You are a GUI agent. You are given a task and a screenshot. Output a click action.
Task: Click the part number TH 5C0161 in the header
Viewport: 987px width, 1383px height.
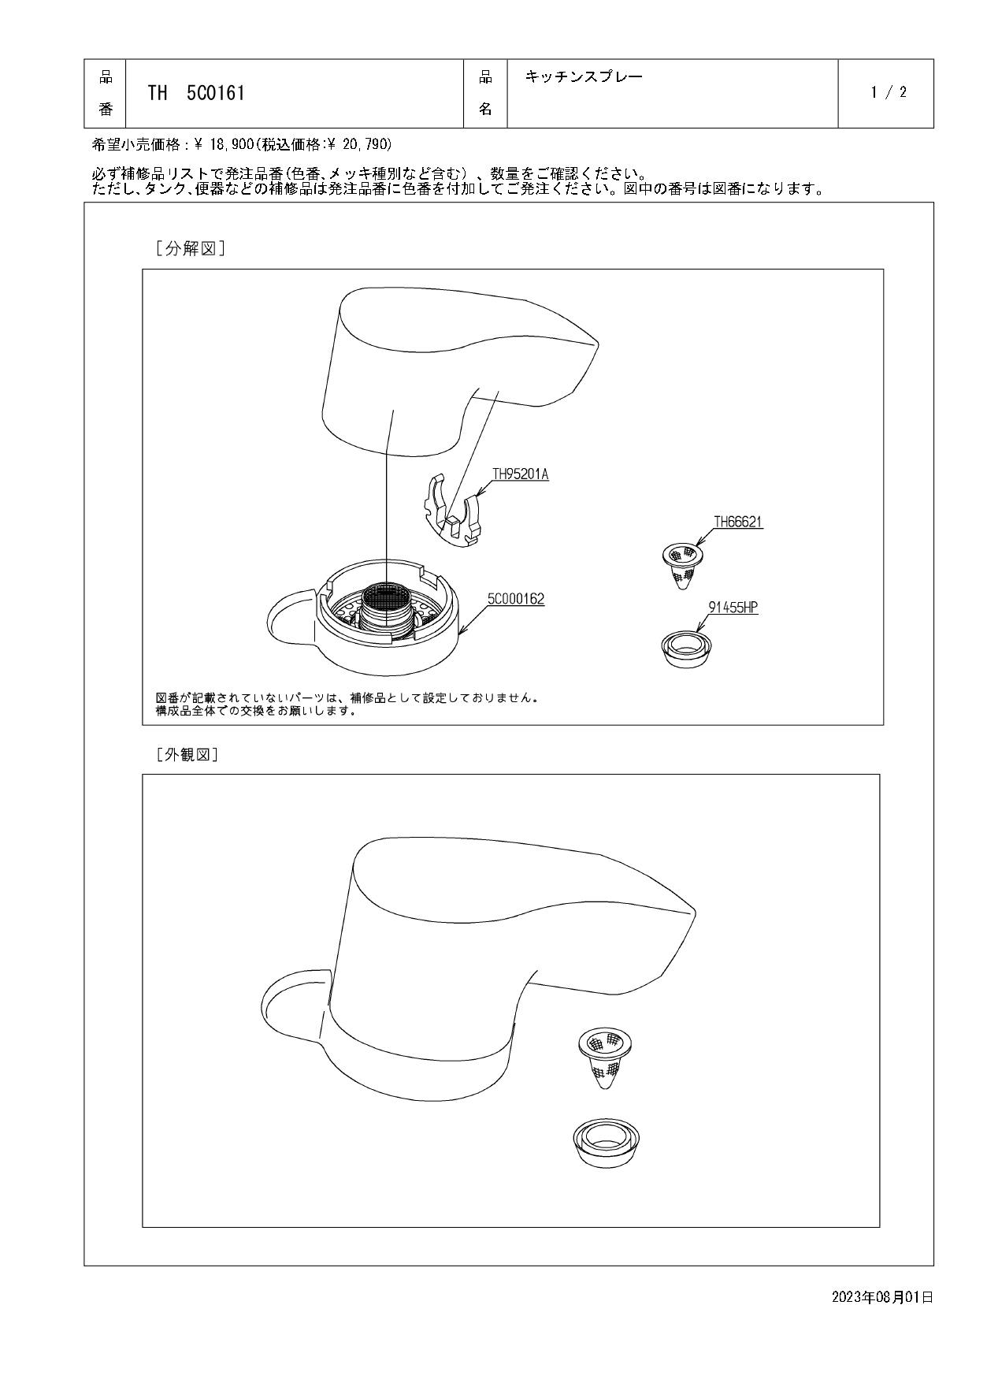pyautogui.click(x=196, y=93)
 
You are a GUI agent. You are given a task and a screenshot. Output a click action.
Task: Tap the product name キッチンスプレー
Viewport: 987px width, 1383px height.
pyautogui.click(x=584, y=76)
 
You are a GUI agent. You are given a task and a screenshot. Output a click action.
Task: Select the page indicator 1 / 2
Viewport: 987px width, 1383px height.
pyautogui.click(x=889, y=92)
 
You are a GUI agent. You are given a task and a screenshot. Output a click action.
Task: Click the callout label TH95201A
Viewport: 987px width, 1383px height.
pyautogui.click(x=520, y=474)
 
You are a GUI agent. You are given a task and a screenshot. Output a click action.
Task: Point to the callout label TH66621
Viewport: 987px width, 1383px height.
pyautogui.click(x=738, y=522)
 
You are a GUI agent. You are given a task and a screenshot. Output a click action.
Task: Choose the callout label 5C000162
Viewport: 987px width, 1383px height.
pyautogui.click(x=516, y=600)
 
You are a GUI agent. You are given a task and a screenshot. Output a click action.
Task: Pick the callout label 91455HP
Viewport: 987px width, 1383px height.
pyautogui.click(x=733, y=608)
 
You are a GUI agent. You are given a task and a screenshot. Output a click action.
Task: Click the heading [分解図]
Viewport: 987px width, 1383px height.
pyautogui.click(x=191, y=249)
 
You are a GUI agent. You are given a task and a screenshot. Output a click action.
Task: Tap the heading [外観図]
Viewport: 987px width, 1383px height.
pyautogui.click(x=187, y=754)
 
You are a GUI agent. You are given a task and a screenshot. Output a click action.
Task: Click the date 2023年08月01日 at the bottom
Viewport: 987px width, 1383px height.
pyautogui.click(x=882, y=1296)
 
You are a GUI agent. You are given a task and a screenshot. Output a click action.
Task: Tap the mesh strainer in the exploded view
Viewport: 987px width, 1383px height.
pyautogui.click(x=682, y=565)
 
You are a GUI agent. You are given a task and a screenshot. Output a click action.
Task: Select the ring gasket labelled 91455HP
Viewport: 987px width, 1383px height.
pyautogui.click(x=684, y=648)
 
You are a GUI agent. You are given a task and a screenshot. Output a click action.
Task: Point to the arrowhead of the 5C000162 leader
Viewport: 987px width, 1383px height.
pyautogui.click(x=460, y=632)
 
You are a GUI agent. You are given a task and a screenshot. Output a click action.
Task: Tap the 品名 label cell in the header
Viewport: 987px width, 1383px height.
pyautogui.click(x=486, y=93)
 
